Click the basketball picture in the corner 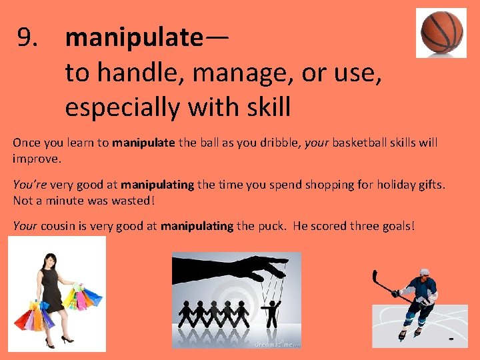pyautogui.click(x=441, y=32)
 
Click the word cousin pyautogui.click(x=59, y=226)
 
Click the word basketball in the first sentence pyautogui.click(x=361, y=143)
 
